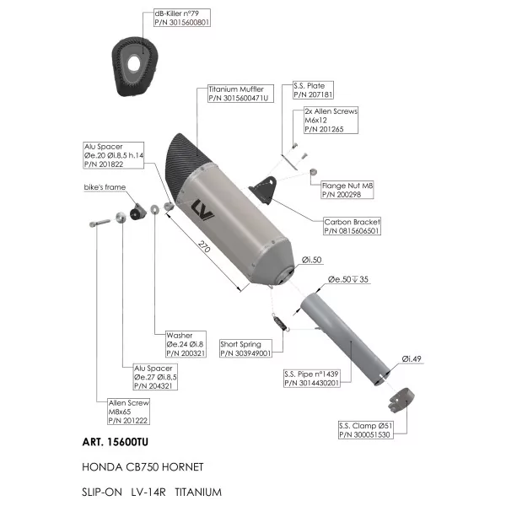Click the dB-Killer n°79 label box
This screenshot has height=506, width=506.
[182, 18]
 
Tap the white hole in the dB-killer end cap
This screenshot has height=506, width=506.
[133, 63]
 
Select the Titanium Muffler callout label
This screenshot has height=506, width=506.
[240, 94]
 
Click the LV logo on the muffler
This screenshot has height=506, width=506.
[202, 210]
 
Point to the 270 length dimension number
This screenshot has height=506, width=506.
[204, 246]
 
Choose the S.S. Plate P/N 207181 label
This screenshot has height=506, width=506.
[313, 90]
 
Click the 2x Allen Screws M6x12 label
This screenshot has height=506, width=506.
[331, 120]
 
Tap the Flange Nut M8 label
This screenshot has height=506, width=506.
[347, 190]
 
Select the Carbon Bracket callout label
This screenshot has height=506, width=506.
[352, 226]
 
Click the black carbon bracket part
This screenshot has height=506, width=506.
[264, 190]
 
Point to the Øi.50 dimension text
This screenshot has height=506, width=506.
[311, 260]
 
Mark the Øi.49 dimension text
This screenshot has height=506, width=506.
[412, 359]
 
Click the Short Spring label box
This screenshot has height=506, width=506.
[245, 348]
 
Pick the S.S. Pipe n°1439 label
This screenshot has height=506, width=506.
[312, 378]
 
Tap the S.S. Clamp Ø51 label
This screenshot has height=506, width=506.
[366, 430]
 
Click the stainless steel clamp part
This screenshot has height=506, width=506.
[401, 400]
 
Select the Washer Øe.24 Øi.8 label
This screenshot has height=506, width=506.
[186, 344]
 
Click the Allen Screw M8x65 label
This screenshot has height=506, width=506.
[128, 412]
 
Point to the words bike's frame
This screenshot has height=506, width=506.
[105, 187]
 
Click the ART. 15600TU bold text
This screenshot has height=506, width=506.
[116, 442]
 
